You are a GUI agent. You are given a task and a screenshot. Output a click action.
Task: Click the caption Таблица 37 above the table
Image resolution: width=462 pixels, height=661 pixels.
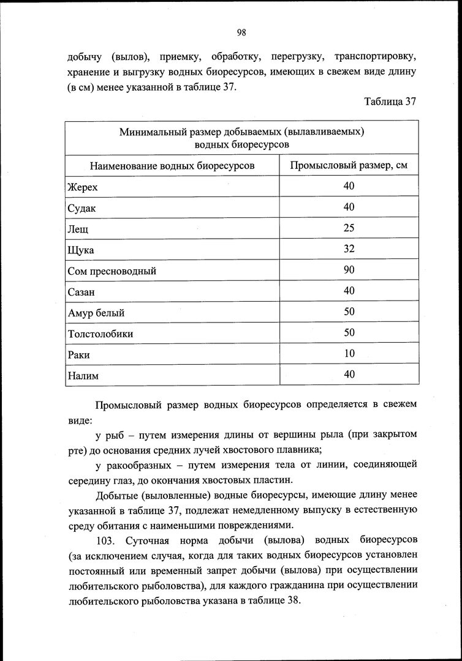tap(390, 102)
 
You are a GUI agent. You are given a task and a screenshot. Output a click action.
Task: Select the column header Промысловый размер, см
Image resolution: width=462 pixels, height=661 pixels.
tap(349, 165)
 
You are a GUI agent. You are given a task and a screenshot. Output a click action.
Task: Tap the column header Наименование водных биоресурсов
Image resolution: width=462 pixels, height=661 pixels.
tap(172, 166)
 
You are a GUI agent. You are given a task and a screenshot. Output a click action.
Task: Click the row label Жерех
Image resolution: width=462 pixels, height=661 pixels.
tap(82, 187)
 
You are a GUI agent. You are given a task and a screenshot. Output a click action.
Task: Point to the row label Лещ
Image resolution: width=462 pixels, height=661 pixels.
tap(78, 230)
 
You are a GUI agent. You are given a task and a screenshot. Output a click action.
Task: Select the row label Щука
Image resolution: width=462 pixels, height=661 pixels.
tap(81, 250)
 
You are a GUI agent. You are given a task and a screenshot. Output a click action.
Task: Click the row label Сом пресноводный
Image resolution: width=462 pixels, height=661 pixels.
tap(112, 271)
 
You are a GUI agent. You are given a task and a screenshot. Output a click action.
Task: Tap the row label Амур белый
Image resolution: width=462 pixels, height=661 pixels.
tap(96, 313)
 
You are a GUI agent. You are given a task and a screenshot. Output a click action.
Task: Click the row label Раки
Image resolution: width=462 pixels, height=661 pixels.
tap(79, 355)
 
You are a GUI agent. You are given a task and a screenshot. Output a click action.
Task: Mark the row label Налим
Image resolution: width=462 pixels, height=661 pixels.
tap(83, 376)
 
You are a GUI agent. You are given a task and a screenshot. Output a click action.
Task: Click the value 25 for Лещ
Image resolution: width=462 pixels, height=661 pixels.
tap(349, 228)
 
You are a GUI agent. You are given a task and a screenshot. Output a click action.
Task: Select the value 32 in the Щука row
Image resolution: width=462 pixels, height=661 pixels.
tap(349, 249)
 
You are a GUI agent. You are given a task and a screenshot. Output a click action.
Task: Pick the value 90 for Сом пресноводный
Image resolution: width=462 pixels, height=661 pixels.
tap(349, 270)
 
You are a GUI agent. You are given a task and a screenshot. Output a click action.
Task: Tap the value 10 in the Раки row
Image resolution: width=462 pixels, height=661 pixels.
tap(349, 354)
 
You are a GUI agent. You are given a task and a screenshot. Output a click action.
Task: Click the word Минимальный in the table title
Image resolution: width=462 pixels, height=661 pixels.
tap(151, 132)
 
